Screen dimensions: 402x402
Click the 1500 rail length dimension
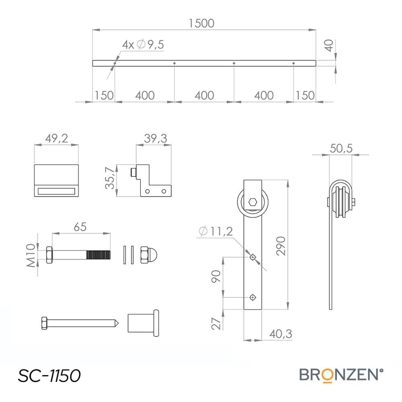(x=201, y=23)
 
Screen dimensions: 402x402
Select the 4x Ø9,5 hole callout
(x=143, y=45)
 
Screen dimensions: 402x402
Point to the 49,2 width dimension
(x=57, y=138)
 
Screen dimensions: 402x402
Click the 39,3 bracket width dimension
(x=155, y=138)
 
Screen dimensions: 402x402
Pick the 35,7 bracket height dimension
(x=110, y=178)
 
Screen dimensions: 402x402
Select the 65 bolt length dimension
(x=80, y=227)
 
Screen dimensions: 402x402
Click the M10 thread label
(x=31, y=255)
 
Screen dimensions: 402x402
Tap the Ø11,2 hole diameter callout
(x=216, y=231)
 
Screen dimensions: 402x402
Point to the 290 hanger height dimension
(x=281, y=246)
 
